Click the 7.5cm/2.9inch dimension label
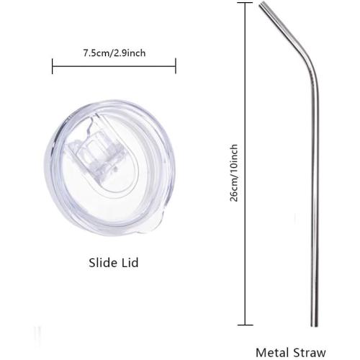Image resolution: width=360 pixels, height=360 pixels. (x=114, y=53)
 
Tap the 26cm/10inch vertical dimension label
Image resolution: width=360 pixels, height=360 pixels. (x=234, y=173)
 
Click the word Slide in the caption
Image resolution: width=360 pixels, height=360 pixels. (x=102, y=263)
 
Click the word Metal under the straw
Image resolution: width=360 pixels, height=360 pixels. (x=273, y=353)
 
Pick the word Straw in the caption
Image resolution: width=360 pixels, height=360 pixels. (x=310, y=353)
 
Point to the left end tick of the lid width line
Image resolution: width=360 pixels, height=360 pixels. (x=53, y=66)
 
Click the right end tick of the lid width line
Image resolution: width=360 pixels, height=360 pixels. (x=176, y=66)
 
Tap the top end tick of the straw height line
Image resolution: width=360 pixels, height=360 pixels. (x=245, y=3)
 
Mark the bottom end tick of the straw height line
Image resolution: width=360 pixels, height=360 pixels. (x=245, y=325)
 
